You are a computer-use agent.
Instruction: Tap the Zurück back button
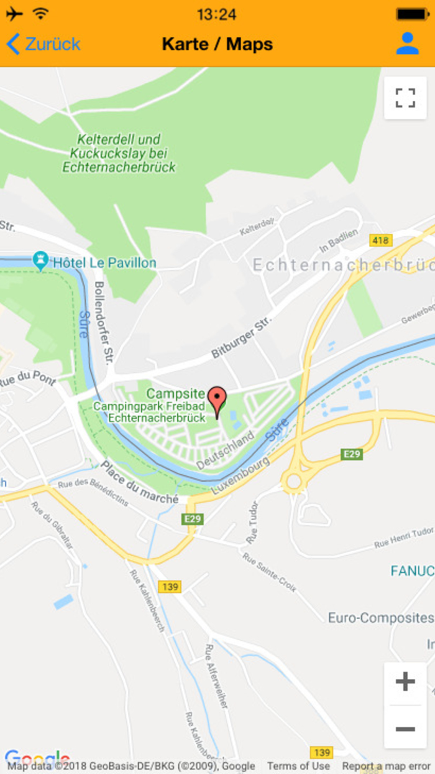click(x=43, y=44)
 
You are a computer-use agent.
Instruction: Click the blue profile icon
click(x=408, y=44)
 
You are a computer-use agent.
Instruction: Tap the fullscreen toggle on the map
click(x=405, y=98)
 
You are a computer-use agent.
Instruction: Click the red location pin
click(x=217, y=400)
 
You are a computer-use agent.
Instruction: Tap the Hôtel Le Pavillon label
click(x=104, y=263)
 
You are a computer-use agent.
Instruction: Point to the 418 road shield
click(x=380, y=240)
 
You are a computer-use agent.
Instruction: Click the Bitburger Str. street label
click(x=241, y=338)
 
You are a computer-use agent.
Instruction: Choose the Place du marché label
click(x=140, y=482)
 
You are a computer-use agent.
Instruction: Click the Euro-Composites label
click(x=380, y=618)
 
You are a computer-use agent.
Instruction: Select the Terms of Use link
click(x=298, y=766)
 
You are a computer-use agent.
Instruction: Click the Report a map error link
click(x=386, y=766)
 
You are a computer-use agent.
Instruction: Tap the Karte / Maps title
click(x=217, y=44)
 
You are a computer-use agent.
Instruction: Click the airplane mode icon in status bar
click(x=14, y=14)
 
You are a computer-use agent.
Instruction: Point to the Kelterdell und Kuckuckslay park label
click(x=119, y=153)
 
